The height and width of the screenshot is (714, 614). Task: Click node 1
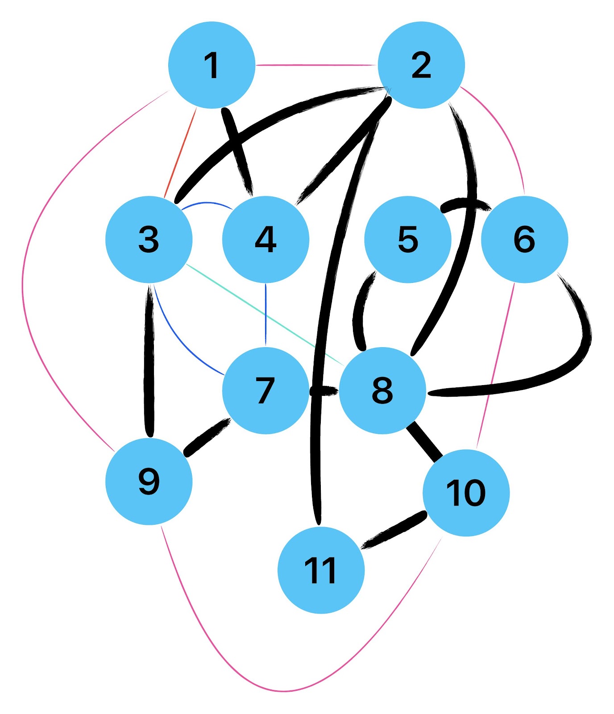click(x=212, y=65)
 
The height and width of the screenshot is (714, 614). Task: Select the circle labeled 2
click(x=421, y=65)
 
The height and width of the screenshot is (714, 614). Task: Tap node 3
click(x=149, y=239)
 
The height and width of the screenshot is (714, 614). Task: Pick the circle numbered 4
click(x=266, y=239)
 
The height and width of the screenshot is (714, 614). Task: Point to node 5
click(x=408, y=239)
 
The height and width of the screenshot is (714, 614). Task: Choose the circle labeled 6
click(x=524, y=239)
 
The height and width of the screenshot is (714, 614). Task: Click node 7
click(x=266, y=390)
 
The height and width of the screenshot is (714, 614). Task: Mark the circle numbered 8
click(x=382, y=390)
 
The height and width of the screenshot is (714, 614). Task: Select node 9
click(x=149, y=481)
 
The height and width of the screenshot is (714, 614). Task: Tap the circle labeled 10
click(x=466, y=493)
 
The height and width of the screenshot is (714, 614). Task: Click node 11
click(x=321, y=570)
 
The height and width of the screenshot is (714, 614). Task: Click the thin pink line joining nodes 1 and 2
click(x=316, y=65)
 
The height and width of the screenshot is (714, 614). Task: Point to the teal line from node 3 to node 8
click(x=263, y=314)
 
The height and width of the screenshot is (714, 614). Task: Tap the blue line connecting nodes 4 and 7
click(x=266, y=315)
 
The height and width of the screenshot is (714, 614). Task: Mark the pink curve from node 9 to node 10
click(x=286, y=691)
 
